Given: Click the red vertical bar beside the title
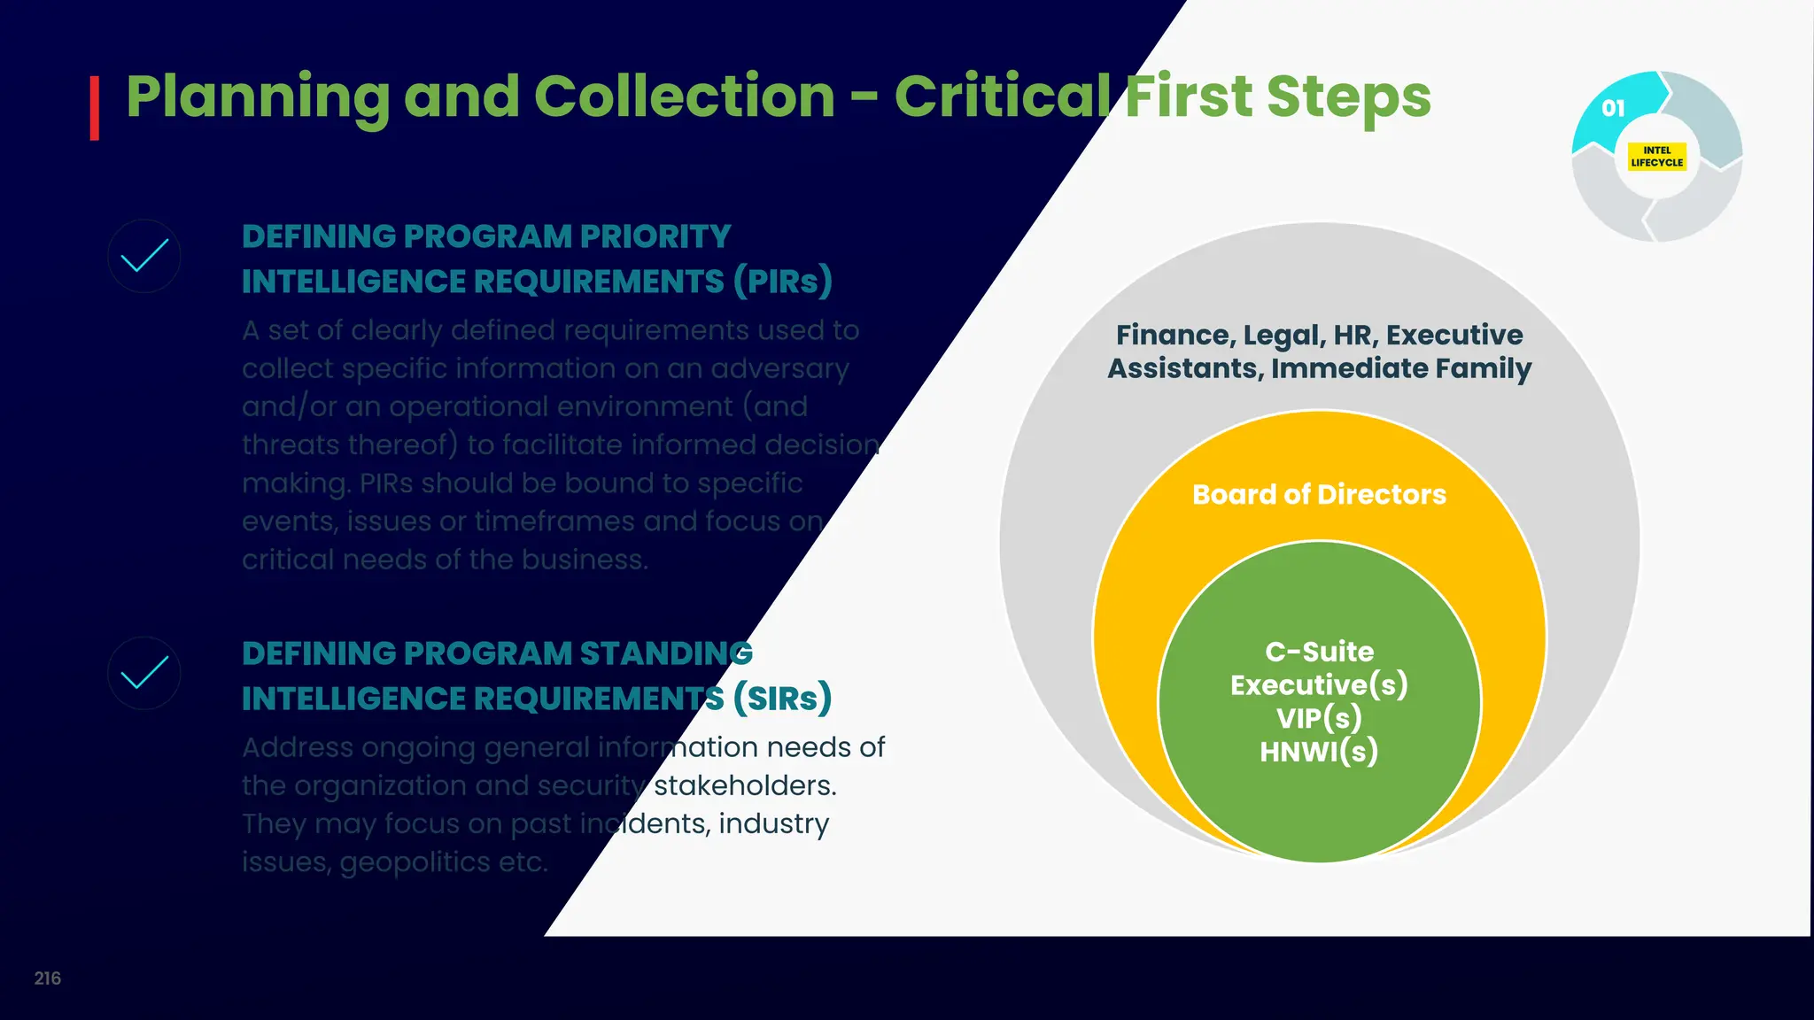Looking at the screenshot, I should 94,108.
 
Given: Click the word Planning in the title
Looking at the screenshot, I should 258,97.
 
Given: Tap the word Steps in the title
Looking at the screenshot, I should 1348,97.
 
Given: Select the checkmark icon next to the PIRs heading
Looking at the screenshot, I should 144,257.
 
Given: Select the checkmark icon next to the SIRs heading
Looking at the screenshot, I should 144,673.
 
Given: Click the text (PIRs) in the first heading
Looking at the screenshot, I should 782,282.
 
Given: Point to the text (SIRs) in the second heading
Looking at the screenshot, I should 782,699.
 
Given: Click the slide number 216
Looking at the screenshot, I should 48,978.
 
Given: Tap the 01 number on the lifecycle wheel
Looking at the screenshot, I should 1613,108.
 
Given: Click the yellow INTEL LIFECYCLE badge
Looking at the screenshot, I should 1656,157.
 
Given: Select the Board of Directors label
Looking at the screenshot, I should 1319,494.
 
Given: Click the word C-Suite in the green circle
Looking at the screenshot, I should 1319,652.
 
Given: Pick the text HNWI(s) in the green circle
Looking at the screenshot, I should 1319,752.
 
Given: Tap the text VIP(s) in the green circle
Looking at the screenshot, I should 1319,718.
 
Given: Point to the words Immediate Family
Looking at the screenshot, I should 1400,368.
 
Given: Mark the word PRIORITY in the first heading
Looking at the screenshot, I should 655,236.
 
